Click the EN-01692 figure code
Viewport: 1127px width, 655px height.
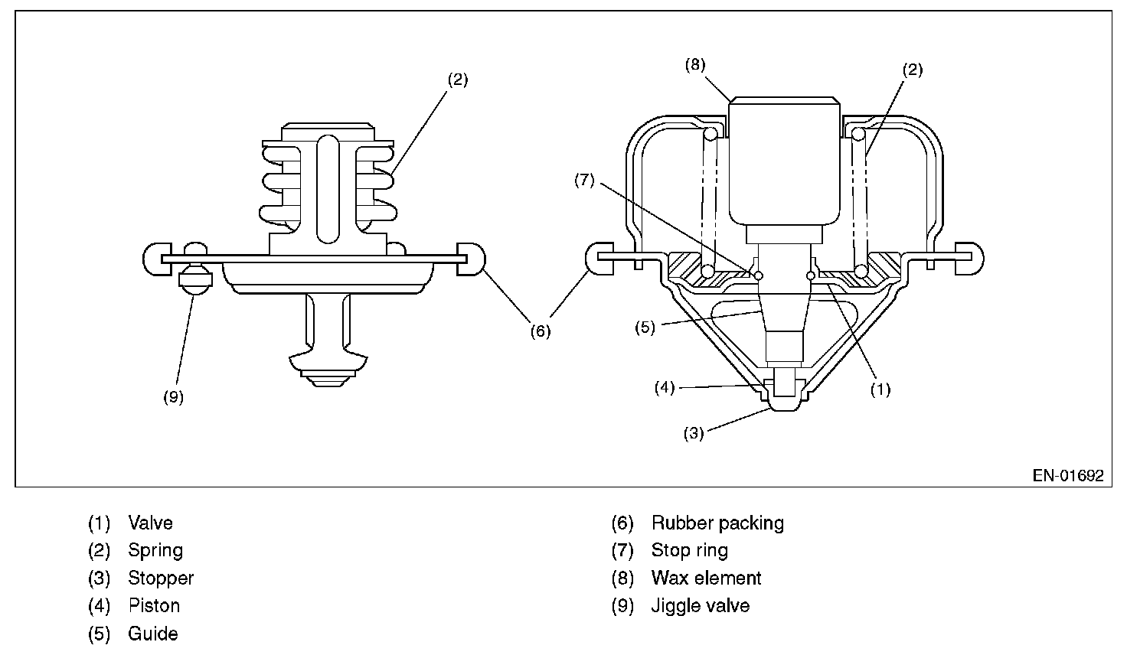click(1068, 475)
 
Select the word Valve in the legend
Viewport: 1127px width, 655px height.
click(150, 523)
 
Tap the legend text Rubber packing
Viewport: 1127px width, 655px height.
click(717, 523)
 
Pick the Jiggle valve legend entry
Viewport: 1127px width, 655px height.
click(700, 606)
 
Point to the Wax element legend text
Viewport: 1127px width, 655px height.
click(706, 578)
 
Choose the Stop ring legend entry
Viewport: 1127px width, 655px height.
click(689, 551)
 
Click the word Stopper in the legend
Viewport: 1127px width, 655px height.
click(161, 578)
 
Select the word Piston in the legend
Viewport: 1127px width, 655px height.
click(154, 606)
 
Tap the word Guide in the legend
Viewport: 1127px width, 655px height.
click(153, 634)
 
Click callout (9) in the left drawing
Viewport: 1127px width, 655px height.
click(174, 398)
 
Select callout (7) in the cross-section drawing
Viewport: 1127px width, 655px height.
click(583, 181)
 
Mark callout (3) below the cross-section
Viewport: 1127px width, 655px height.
click(693, 433)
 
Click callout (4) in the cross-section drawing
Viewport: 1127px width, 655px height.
click(664, 387)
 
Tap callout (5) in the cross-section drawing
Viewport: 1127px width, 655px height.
click(645, 327)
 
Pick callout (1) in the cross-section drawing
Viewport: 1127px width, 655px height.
click(880, 389)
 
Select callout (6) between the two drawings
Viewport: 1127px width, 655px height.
click(541, 331)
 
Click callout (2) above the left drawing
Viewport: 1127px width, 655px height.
click(457, 79)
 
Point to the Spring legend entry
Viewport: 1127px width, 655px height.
click(155, 551)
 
